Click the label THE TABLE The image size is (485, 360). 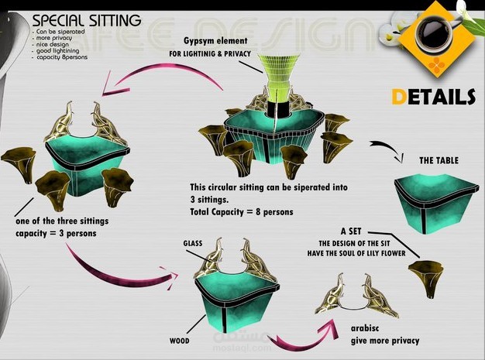439,161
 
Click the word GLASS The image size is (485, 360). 193,243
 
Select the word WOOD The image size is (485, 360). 180,340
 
